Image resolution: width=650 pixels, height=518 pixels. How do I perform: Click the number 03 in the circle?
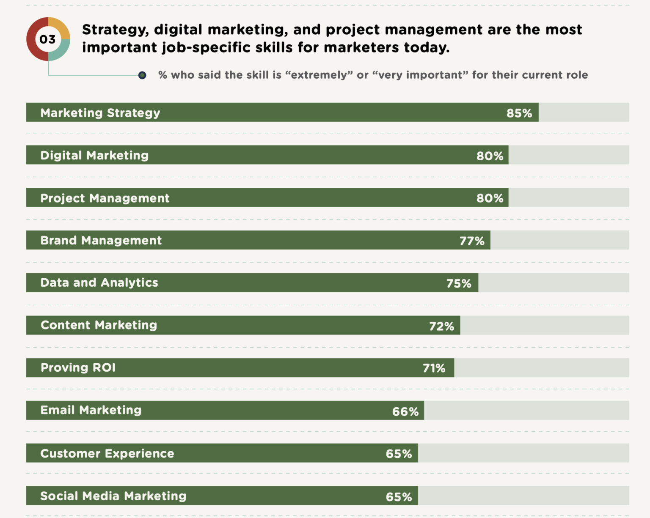[47, 39]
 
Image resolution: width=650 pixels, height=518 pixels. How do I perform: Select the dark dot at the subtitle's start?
[142, 75]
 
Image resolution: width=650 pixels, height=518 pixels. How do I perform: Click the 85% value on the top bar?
[519, 113]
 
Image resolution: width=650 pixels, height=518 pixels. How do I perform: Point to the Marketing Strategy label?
[100, 113]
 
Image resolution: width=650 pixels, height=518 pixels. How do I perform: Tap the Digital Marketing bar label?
[94, 156]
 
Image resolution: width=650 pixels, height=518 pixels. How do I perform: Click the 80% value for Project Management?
[490, 198]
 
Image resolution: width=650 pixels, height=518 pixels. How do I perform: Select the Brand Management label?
[101, 241]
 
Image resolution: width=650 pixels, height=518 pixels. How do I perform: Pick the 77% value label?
[472, 241]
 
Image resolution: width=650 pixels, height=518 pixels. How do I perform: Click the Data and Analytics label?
[99, 282]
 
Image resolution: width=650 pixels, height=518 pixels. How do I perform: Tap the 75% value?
[459, 283]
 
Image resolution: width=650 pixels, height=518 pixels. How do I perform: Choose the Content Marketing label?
[99, 325]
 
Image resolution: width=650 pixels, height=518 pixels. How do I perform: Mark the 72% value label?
[441, 326]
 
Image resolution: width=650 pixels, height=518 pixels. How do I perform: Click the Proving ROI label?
[78, 367]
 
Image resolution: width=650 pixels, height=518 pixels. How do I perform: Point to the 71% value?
[434, 368]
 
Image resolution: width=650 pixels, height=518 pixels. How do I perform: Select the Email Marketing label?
[91, 410]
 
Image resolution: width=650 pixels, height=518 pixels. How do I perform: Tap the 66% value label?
[405, 411]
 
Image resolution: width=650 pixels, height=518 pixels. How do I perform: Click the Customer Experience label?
[107, 453]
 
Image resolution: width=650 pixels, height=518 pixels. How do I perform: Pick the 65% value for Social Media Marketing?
[399, 497]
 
